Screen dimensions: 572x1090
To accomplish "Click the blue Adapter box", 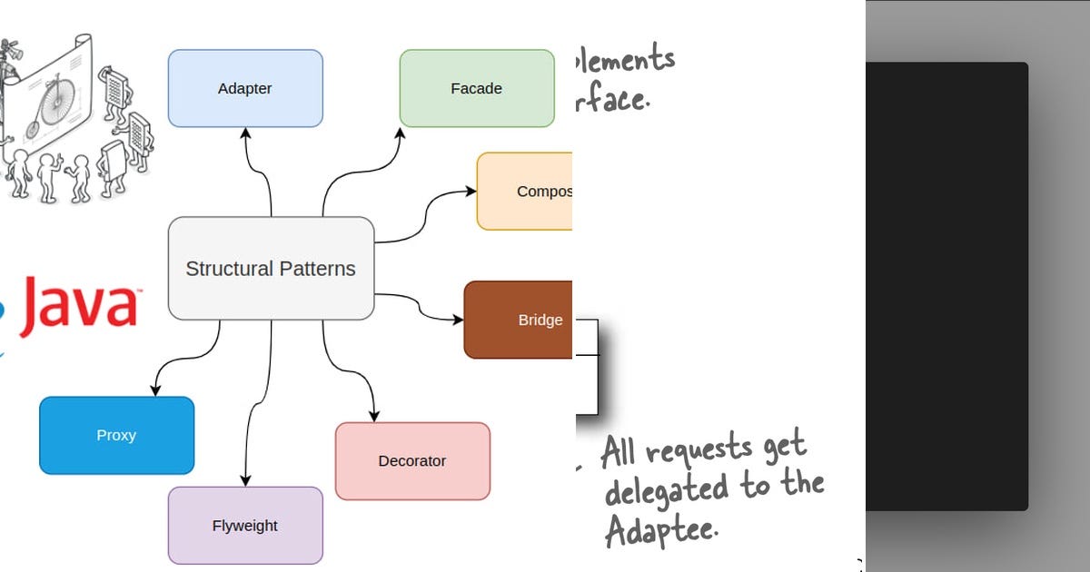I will [x=245, y=88].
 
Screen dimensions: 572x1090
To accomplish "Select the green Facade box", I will [x=477, y=88].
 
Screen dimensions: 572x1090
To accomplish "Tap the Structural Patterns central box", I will [x=271, y=268].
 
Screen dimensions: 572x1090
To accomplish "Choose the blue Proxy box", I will [x=116, y=435].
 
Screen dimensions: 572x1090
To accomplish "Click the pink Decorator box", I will [x=412, y=460].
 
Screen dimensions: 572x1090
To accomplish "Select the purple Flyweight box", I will [x=245, y=525].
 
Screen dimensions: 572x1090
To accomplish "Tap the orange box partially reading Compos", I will [x=525, y=191].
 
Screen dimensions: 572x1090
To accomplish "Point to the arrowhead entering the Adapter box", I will [x=245, y=133].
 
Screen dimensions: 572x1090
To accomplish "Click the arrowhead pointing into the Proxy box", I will [x=155, y=390].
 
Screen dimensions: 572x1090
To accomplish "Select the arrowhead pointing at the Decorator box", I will [x=374, y=416].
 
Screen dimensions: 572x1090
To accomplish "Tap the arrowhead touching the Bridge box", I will [x=458, y=320].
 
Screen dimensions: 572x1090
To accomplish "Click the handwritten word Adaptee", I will [x=660, y=528].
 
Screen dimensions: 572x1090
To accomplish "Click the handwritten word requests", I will [x=699, y=449].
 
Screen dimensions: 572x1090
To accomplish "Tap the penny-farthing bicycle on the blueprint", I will [x=56, y=100].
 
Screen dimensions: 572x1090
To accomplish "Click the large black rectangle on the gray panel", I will [x=946, y=286].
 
